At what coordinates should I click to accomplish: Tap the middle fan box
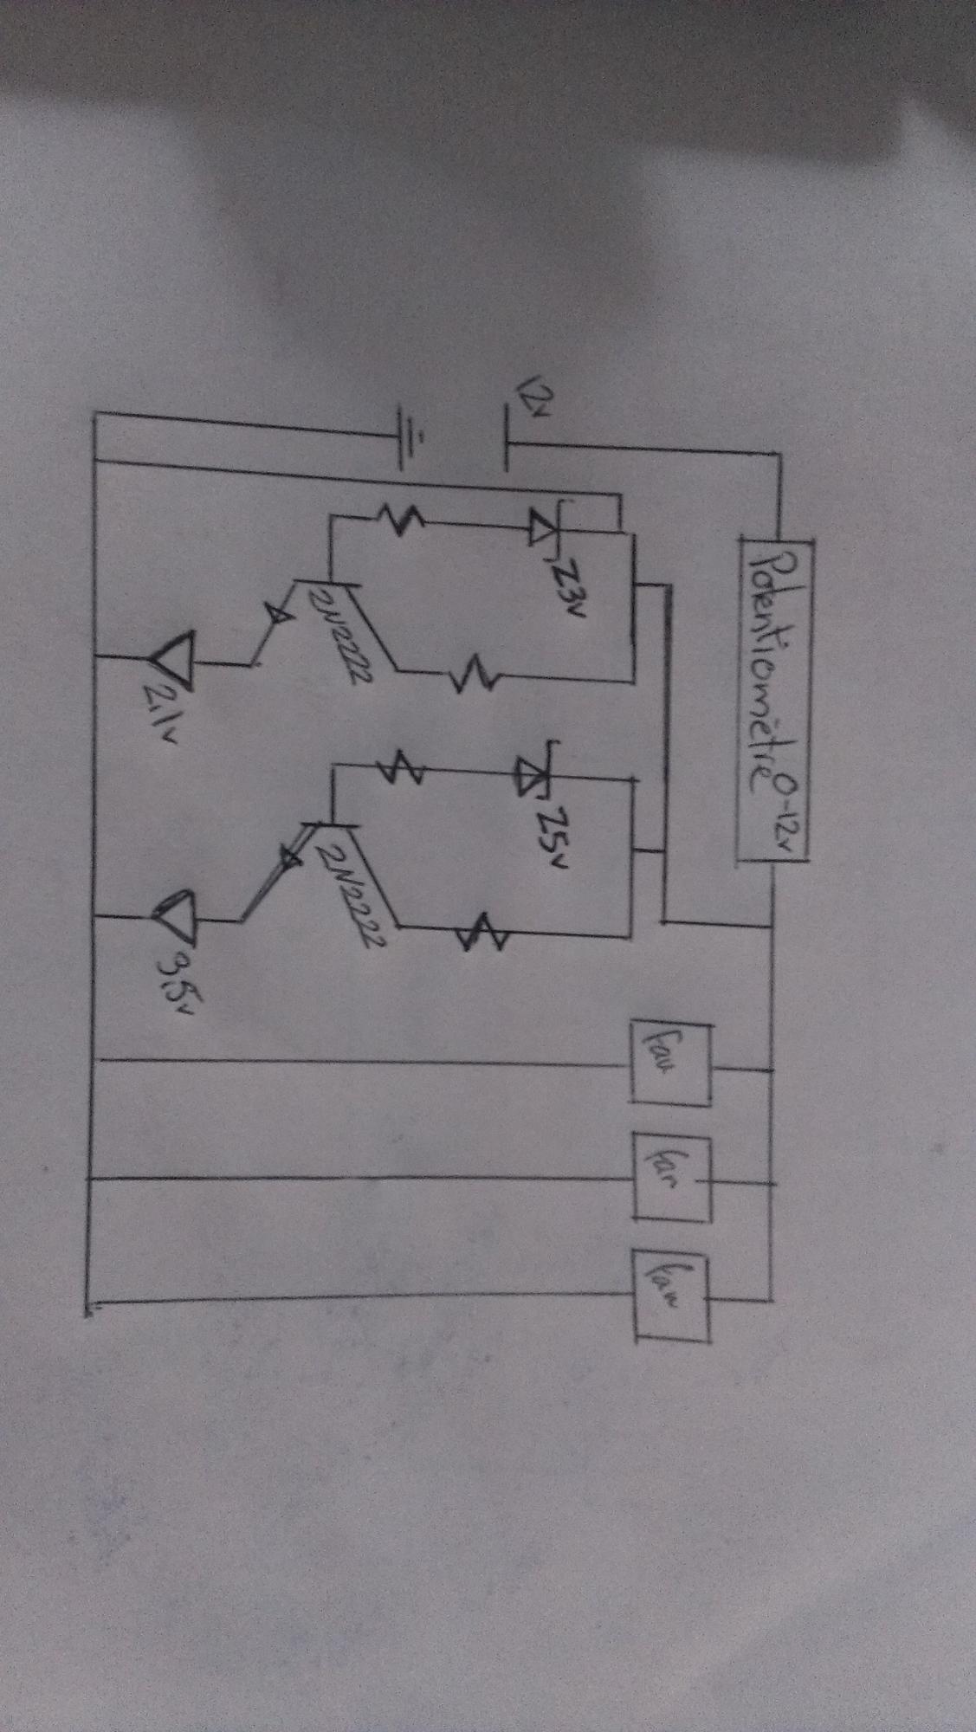pos(672,1177)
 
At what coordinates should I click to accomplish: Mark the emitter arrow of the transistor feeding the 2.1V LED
pos(278,615)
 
